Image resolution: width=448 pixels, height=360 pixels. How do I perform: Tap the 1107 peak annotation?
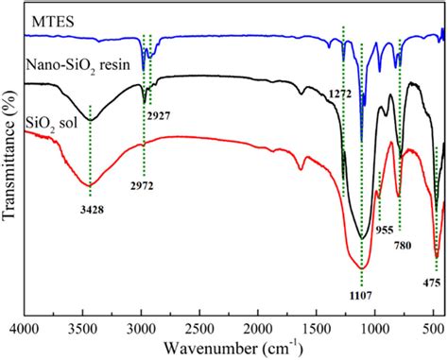pos(361,296)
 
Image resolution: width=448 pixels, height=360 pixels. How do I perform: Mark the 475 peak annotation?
pos(435,281)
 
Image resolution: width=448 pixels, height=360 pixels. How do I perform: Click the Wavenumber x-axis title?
pos(228,350)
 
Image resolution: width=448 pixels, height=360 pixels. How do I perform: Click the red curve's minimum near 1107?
pos(363,267)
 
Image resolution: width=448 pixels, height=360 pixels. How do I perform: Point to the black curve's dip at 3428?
pos(91,120)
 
